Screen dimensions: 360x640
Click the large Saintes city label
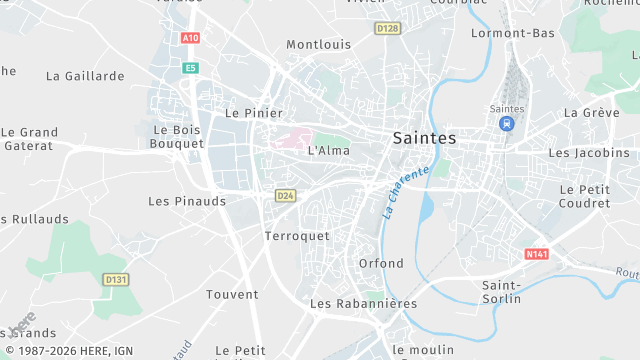pos(425,137)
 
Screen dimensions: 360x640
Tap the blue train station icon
pos(507,123)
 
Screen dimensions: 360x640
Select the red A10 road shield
pos(190,38)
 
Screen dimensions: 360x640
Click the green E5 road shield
pos(190,68)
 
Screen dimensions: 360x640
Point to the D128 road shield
pos(387,28)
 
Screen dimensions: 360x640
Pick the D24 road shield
pos(285,195)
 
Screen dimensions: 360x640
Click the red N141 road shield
pos(537,255)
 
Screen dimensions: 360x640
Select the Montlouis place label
pos(318,45)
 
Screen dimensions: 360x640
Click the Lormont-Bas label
pos(512,33)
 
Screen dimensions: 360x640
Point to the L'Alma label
pos(328,151)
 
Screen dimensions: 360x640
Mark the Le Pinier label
pos(254,113)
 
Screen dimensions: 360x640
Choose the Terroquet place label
pos(297,236)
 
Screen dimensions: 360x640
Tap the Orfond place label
pos(381,263)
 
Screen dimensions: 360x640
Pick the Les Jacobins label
pos(589,153)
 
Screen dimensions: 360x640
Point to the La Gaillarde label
pos(85,76)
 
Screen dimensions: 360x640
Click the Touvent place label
pos(232,294)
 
